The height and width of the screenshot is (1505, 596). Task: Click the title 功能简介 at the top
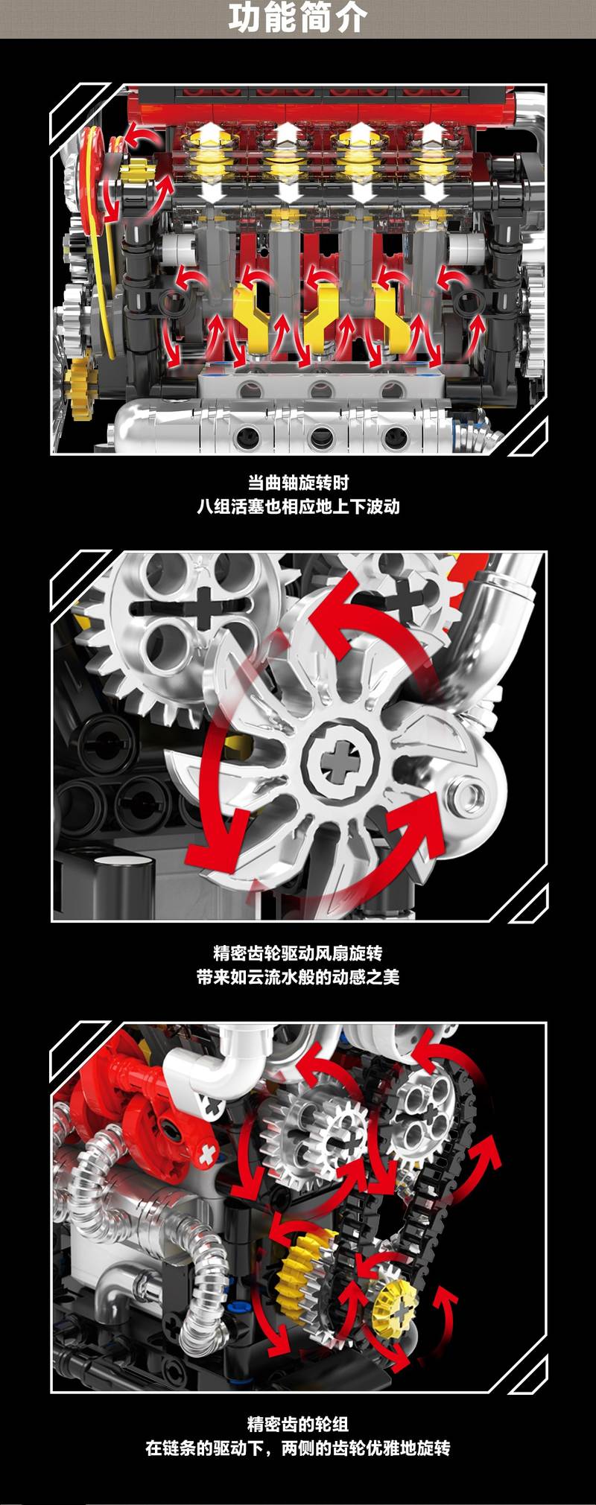pos(297,19)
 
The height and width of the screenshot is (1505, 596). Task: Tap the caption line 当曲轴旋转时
pos(298,483)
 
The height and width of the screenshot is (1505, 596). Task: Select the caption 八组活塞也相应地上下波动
pos(298,506)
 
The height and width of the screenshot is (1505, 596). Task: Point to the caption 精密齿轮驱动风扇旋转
pos(298,953)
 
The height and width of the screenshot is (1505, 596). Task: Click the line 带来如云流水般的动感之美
pos(298,977)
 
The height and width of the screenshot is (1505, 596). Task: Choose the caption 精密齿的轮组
pos(298,1425)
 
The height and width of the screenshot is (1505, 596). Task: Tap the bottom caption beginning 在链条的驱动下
pos(298,1448)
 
